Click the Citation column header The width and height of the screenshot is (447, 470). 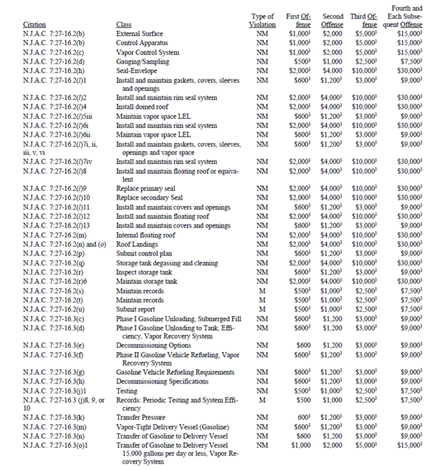pyautogui.click(x=34, y=24)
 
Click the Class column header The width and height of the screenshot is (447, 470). pyautogui.click(x=123, y=24)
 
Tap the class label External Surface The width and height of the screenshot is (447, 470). pyautogui.click(x=139, y=34)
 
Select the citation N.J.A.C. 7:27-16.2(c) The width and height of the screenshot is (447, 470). pyautogui.click(x=52, y=52)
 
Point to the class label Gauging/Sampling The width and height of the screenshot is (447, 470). pyautogui.click(x=142, y=62)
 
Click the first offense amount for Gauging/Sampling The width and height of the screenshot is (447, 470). pyautogui.click(x=299, y=62)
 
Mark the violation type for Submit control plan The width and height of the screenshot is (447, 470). pyautogui.click(x=262, y=253)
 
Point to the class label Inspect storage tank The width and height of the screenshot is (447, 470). pyautogui.click(x=145, y=271)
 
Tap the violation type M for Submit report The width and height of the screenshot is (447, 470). pyautogui.click(x=262, y=308)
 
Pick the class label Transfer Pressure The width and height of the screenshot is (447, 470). pyautogui.click(x=141, y=416)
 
